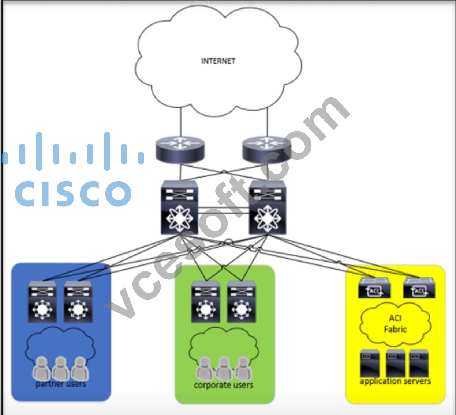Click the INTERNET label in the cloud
[218, 61]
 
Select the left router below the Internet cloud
[180, 149]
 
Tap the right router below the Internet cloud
[267, 149]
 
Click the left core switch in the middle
[179, 207]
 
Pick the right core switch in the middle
[267, 207]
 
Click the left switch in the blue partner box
[42, 301]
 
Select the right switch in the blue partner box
[78, 301]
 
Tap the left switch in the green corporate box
[206, 301]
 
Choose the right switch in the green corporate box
[242, 301]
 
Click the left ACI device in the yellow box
[374, 288]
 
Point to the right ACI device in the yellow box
[419, 288]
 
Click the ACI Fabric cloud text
[395, 324]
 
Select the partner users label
[61, 384]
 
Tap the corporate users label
[224, 385]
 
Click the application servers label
[395, 381]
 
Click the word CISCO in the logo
[73, 194]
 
